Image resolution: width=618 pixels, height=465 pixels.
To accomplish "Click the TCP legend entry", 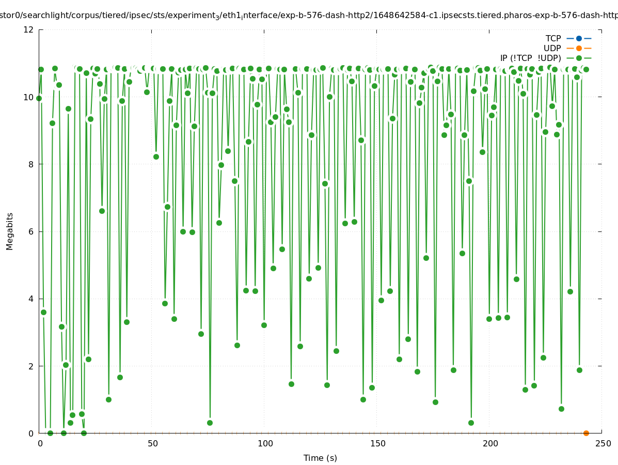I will coord(553,38).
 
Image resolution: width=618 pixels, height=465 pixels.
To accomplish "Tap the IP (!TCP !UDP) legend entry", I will coord(530,58).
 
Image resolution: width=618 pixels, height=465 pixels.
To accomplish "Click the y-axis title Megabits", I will coord(10,231).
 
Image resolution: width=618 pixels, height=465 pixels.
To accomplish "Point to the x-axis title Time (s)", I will coord(320,458).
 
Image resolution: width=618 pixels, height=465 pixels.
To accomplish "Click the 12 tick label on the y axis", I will coord(29,29).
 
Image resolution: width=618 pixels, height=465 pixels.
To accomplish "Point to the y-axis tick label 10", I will coord(29,97).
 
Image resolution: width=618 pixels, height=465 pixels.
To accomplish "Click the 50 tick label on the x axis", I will coord(152,443).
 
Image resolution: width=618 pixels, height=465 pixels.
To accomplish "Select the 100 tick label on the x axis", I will coord(265,443).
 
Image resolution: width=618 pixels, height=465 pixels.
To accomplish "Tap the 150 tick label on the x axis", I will coord(377,443).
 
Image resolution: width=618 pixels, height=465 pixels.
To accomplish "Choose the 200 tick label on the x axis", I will coord(490,443).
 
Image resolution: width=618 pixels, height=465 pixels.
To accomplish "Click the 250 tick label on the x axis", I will coord(603,443).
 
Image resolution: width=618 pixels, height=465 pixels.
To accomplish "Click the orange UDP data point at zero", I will coord(586,433).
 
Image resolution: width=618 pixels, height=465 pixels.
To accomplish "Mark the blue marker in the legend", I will coord(579,38).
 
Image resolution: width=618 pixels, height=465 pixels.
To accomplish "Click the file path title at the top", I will coord(309,16).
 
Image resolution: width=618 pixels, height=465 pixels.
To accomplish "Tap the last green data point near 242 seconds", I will coord(586,69).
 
